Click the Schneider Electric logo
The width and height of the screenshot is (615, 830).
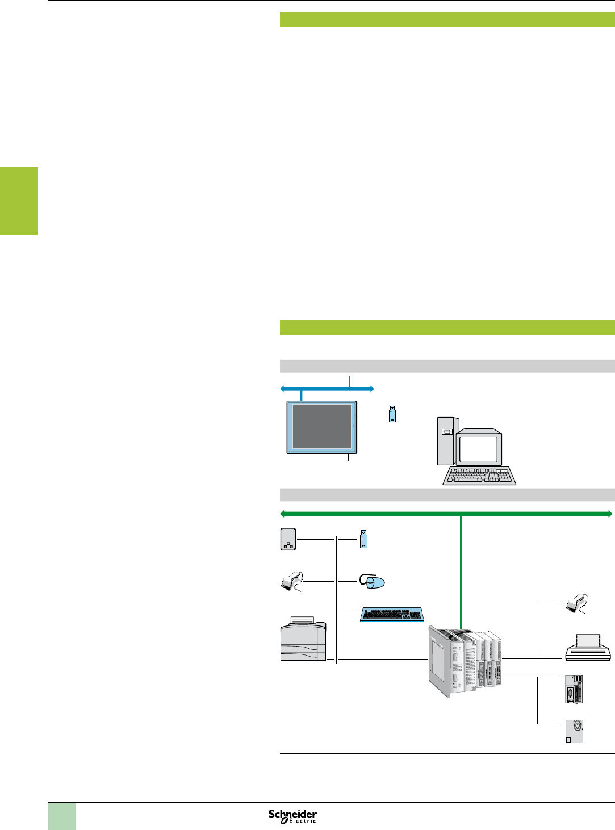292,816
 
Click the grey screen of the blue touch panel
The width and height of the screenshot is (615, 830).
321,427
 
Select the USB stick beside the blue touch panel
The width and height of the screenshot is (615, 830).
392,414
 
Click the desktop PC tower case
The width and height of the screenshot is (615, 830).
447,441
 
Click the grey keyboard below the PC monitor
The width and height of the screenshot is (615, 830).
479,476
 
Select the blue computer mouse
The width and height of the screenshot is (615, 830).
373,581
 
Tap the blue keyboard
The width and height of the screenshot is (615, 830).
392,614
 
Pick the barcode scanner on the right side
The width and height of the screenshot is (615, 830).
576,604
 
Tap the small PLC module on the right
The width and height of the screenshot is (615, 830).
574,689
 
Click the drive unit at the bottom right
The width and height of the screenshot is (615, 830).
574,731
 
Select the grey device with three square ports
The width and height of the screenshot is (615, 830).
288,539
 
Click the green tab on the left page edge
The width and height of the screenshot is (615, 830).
19,201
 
